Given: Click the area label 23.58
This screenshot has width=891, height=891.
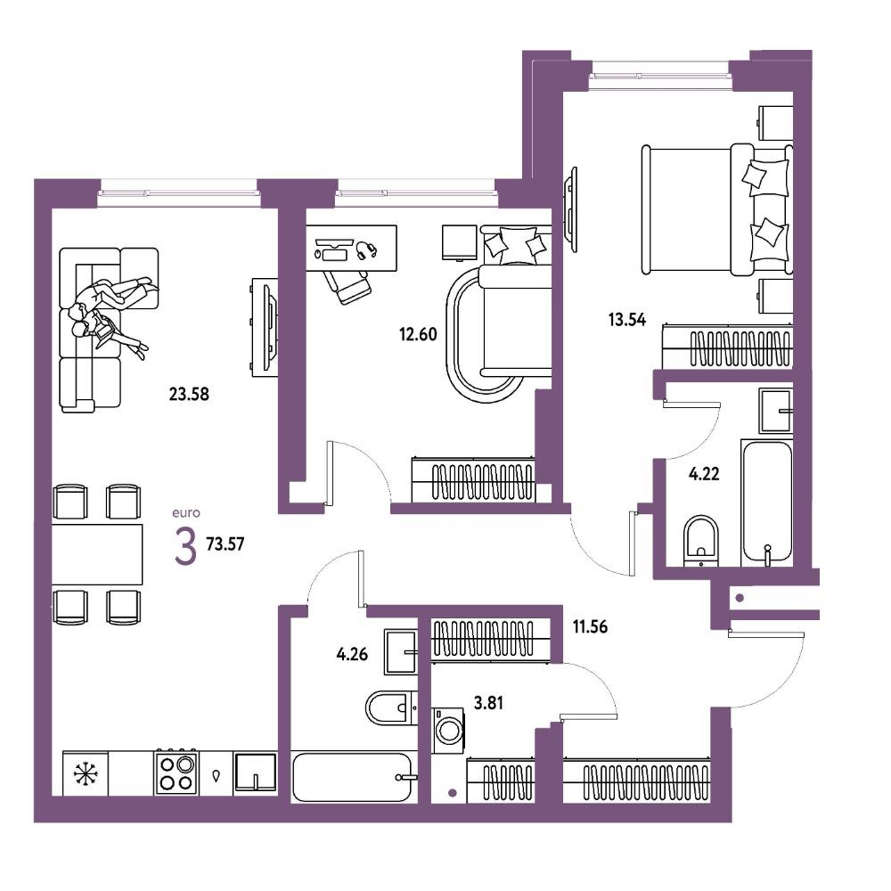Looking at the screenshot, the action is point(189,394).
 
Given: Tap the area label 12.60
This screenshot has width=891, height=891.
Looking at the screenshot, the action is point(418,334).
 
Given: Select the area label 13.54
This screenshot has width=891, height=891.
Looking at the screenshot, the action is point(627,320).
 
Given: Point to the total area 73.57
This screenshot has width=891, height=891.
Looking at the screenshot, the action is point(225,544).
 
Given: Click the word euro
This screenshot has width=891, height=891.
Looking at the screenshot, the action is point(186,513).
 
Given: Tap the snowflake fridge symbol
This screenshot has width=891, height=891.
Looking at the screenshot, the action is point(86,773).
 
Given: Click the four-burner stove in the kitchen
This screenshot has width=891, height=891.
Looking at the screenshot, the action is point(176,773).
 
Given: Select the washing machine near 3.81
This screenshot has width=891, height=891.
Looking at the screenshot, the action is point(448,731).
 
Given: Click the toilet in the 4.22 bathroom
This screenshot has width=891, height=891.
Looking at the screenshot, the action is point(702,541).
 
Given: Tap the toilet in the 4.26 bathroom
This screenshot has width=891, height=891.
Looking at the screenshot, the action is point(391,707).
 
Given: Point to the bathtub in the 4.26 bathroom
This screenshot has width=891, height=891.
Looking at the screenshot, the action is point(354,777).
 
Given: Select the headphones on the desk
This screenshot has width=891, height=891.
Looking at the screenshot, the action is point(366,249).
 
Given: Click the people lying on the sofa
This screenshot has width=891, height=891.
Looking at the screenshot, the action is point(110,315).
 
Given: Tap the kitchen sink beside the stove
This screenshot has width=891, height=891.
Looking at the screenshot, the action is point(255,772).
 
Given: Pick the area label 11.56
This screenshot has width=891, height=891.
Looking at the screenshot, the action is point(591,626).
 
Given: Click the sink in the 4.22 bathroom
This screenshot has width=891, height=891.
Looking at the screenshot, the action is point(776,411).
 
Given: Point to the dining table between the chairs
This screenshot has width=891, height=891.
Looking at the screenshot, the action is point(97,554).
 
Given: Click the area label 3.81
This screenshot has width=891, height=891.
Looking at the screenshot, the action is point(488,704).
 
